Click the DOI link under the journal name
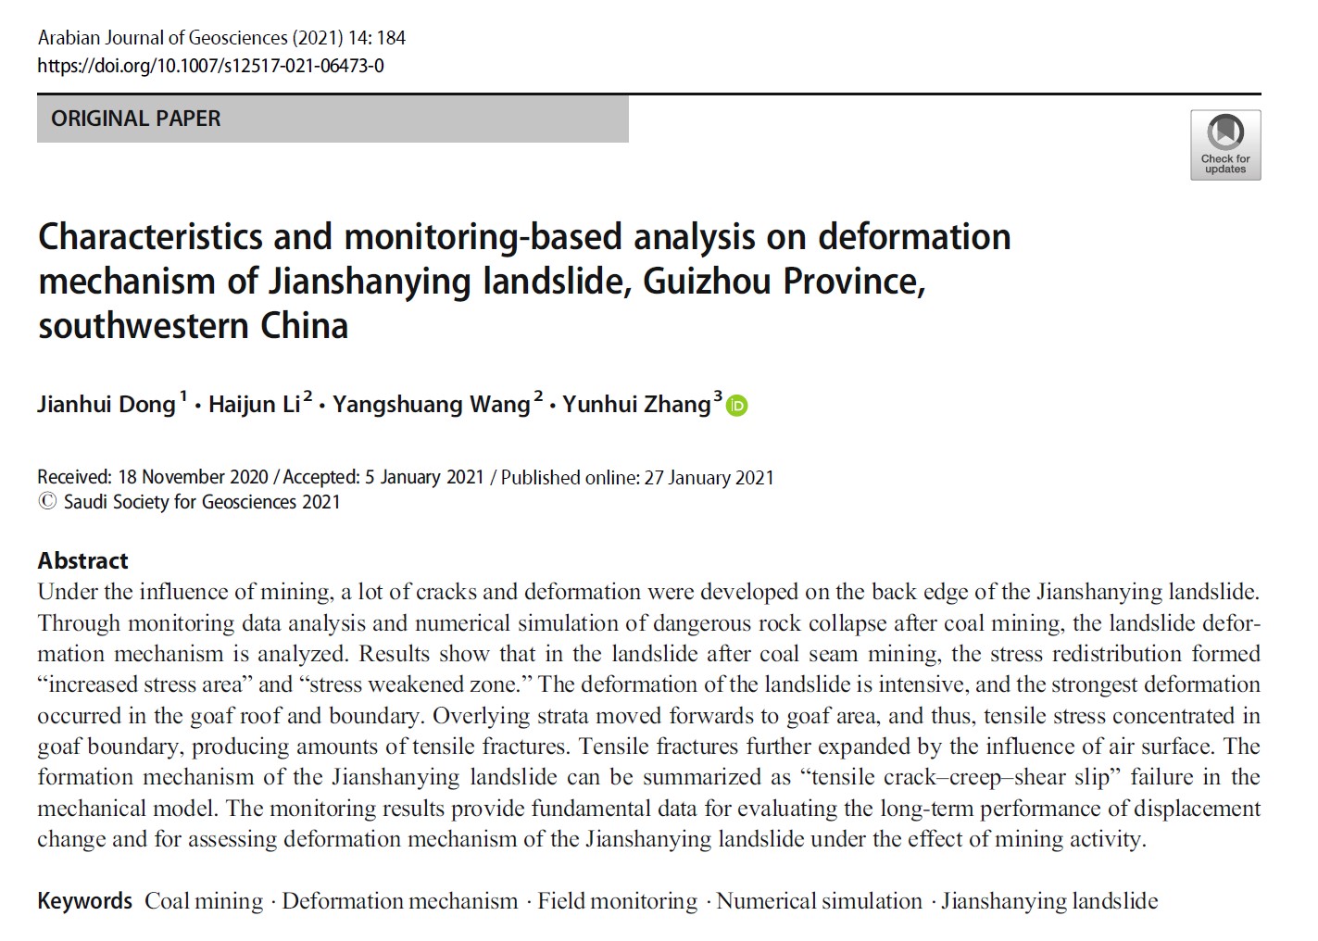210,66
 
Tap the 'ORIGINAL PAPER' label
136,119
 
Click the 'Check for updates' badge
1224,144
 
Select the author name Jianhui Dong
107,406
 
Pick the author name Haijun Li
254,406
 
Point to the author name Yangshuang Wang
431,406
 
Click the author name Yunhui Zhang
636,406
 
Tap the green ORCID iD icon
737,406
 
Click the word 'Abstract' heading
82,560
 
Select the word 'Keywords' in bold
85,901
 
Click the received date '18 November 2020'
193,477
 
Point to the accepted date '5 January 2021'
424,477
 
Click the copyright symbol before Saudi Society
47,502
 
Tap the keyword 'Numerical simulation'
819,901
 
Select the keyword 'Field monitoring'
617,901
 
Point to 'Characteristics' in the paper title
150,237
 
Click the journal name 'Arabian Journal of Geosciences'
162,38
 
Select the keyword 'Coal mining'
204,901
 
